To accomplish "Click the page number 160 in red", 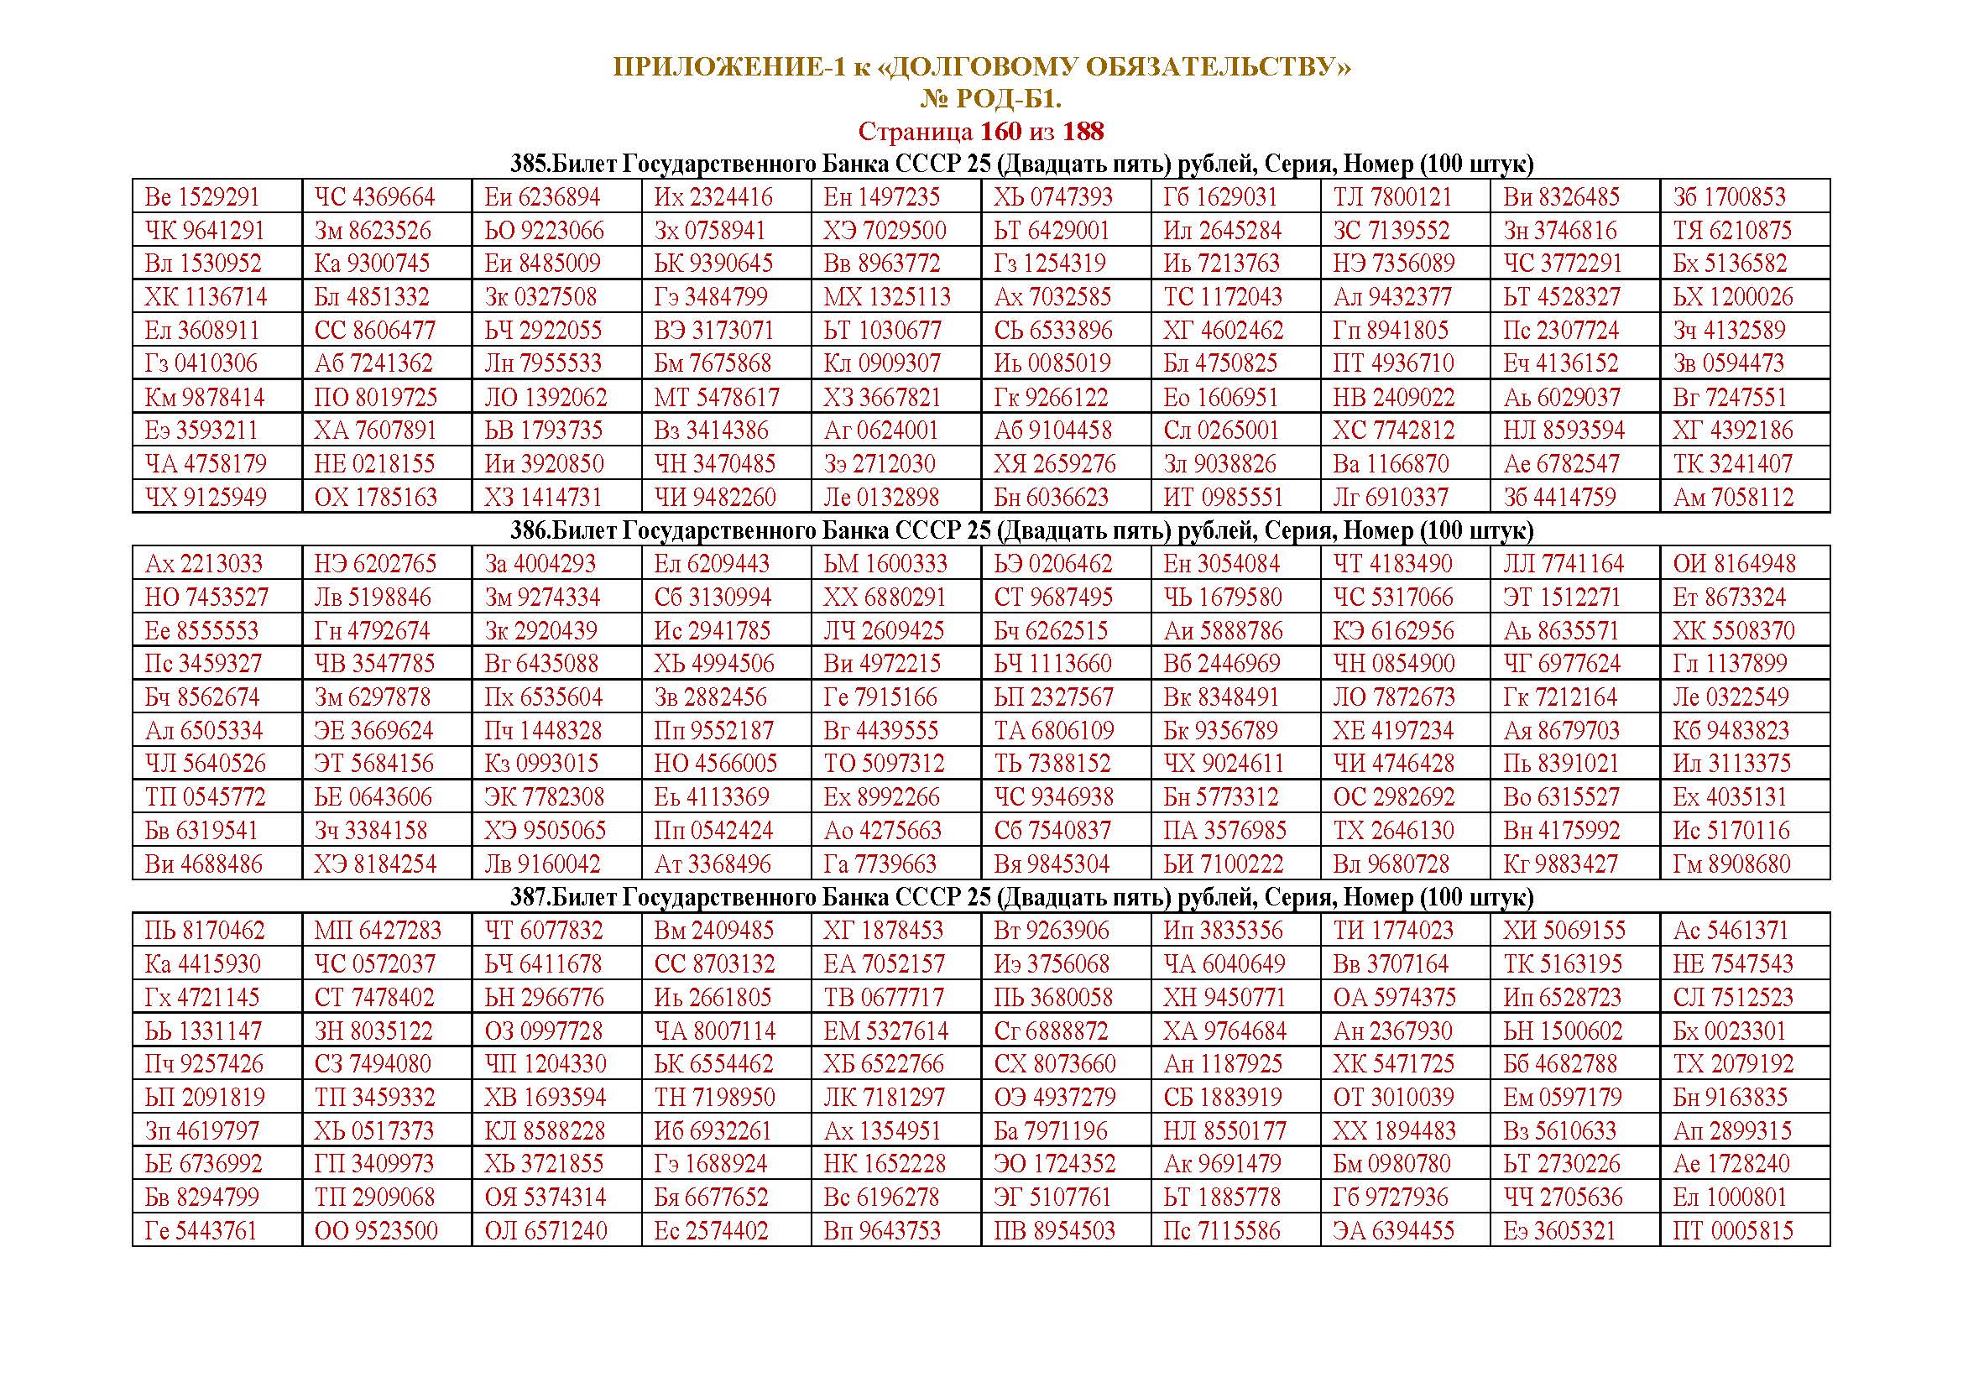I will click(x=1000, y=132).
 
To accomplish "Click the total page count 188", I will click(x=1083, y=132).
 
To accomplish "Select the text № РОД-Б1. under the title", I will click(x=990, y=100).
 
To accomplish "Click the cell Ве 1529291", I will click(x=201, y=197).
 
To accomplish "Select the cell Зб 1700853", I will click(x=1729, y=197).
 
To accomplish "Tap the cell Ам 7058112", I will click(x=1732, y=498).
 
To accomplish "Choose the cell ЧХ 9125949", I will click(x=205, y=498).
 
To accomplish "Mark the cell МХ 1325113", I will click(x=886, y=297).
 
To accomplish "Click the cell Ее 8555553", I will click(x=201, y=631).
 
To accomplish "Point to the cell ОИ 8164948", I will click(x=1734, y=564).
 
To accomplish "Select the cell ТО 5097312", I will click(x=884, y=763).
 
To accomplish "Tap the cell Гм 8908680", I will click(x=1731, y=864).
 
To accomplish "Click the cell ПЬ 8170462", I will click(x=205, y=931).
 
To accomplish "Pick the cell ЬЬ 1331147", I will click(x=203, y=1031).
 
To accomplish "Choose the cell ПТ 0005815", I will click(x=1732, y=1231).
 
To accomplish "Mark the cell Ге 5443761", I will click(x=201, y=1231).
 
